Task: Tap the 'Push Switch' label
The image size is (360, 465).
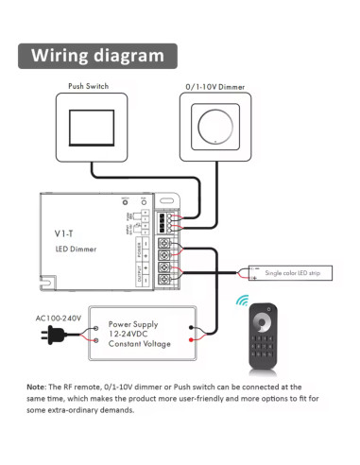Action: [x=88, y=87]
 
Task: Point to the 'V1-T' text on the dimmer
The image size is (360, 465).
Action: [x=64, y=232]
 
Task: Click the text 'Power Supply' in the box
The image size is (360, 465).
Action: [x=131, y=323]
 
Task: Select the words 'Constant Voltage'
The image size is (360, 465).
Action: [x=139, y=344]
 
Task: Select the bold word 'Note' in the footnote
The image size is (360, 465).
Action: [x=36, y=387]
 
